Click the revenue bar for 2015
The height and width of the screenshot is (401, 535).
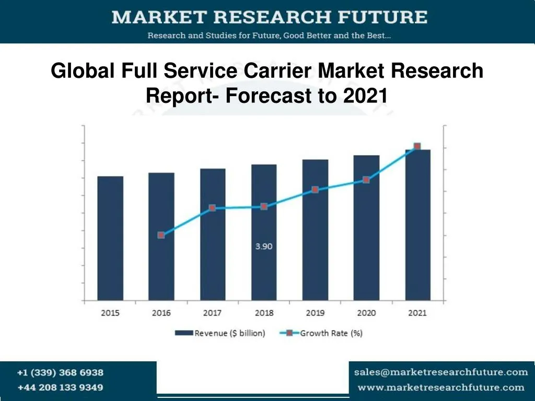pos(110,238)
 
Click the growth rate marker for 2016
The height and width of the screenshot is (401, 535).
pos(161,235)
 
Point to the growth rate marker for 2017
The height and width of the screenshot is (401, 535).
pos(212,208)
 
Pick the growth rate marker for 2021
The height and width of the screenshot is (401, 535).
pos(417,146)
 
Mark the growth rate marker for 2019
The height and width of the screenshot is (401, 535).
pos(315,190)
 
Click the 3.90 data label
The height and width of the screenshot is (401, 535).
pos(264,246)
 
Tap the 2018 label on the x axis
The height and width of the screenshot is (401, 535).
pos(264,313)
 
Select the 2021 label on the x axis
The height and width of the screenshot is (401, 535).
pos(417,313)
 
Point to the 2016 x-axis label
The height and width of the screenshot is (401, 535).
pos(161,313)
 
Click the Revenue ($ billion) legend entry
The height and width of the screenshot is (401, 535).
pos(220,333)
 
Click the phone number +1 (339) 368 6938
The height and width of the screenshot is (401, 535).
pos(60,373)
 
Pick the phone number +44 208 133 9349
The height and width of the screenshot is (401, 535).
pos(60,387)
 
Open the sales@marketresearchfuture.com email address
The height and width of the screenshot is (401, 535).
pos(441,372)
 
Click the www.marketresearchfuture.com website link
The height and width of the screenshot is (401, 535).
pos(441,387)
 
